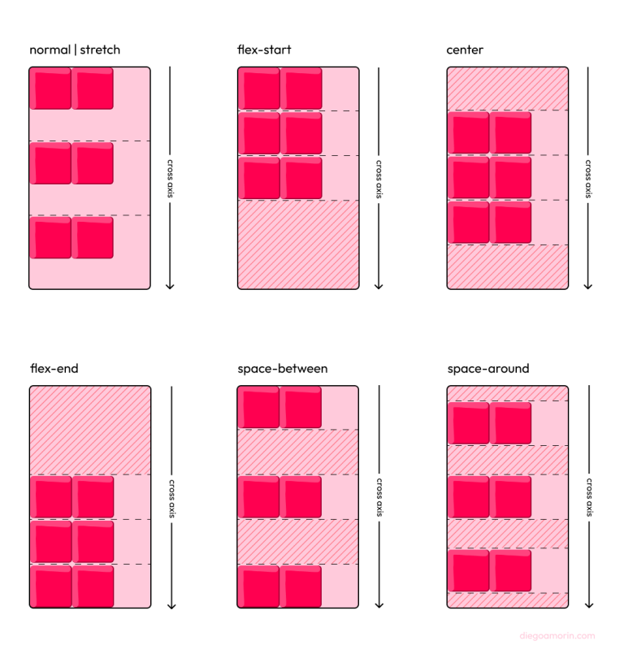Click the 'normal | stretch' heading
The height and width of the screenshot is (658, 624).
[x=75, y=50]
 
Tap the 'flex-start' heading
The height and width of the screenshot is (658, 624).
[x=264, y=50]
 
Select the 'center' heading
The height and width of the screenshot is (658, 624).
[x=465, y=50]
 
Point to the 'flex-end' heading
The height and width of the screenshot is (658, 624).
[x=54, y=369]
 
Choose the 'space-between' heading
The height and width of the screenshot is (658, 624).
[x=283, y=369]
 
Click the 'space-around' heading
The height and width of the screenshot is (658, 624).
[x=488, y=369]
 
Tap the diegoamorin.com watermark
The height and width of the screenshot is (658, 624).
[x=557, y=636]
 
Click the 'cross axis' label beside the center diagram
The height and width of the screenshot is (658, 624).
[x=587, y=178]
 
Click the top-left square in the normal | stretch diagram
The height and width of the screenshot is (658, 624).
[x=50, y=89]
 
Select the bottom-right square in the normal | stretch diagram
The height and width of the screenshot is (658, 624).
[x=93, y=237]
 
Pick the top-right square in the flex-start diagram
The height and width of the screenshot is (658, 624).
[x=301, y=89]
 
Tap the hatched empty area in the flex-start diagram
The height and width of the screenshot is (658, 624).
[x=298, y=245]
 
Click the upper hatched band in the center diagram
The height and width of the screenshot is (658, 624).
[x=507, y=89]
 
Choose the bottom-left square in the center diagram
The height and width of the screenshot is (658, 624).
[x=468, y=223]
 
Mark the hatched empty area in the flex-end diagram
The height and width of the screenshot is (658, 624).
[x=89, y=430]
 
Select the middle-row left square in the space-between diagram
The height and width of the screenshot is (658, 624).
[x=259, y=496]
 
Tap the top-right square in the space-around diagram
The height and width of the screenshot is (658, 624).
[x=510, y=422]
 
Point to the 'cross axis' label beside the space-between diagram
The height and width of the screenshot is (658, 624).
[x=379, y=496]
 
